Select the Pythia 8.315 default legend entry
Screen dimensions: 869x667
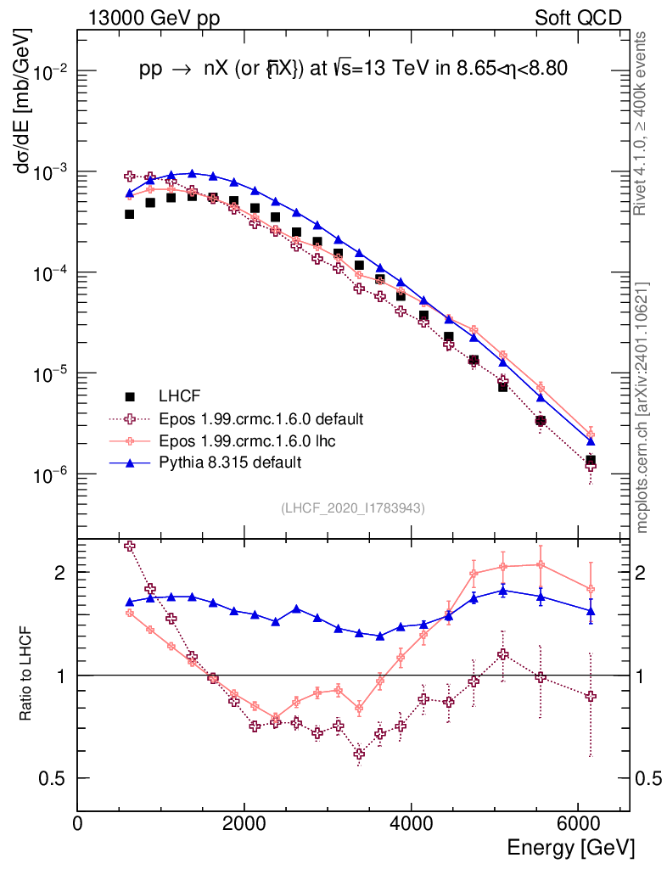click(229, 463)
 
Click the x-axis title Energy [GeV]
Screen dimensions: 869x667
click(570, 847)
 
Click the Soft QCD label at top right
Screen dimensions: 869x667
click(579, 18)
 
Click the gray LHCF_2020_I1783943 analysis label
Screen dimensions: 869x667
click(353, 507)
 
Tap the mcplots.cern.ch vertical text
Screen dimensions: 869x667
click(642, 407)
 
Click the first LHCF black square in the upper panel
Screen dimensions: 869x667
click(129, 214)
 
